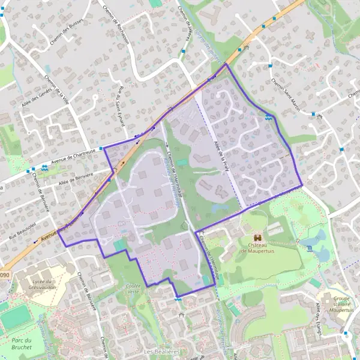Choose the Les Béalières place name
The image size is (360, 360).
coord(162,350)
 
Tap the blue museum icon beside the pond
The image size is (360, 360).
coord(308,248)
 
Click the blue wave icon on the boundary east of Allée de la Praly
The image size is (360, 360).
coord(268,118)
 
